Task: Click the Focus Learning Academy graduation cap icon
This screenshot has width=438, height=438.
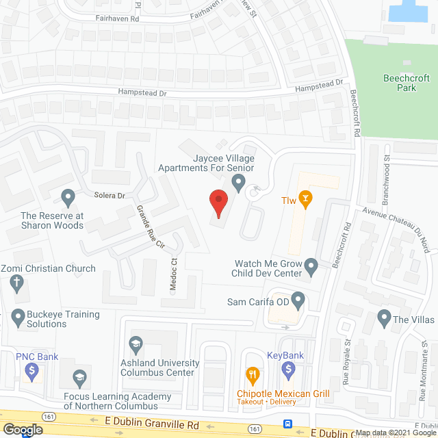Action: click(x=79, y=377)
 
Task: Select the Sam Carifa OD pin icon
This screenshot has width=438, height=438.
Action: click(x=298, y=299)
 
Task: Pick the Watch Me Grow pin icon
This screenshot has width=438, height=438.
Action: click(x=311, y=265)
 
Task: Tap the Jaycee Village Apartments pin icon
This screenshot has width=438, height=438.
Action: click(x=238, y=183)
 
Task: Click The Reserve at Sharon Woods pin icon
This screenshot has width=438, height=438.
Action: click(x=68, y=198)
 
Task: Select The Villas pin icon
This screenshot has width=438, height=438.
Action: click(x=383, y=318)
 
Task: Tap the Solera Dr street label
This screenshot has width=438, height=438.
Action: click(x=110, y=196)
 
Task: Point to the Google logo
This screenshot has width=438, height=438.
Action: click(x=23, y=430)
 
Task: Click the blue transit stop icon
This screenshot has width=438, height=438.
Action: click(x=289, y=424)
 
